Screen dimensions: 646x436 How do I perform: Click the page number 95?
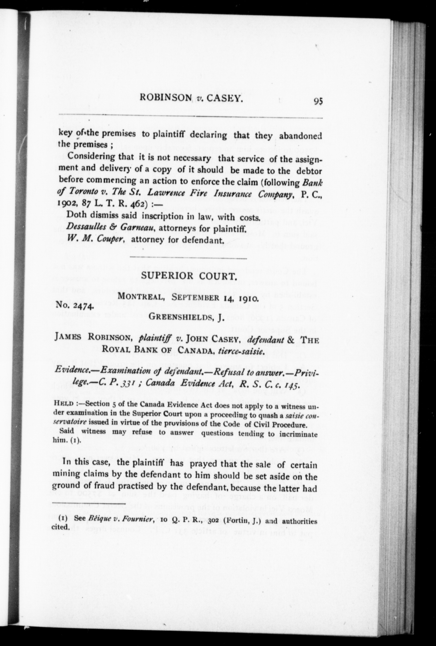click(x=318, y=101)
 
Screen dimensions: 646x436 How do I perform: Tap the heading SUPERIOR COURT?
click(x=189, y=276)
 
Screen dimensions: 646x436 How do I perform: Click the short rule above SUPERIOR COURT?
click(x=188, y=258)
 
